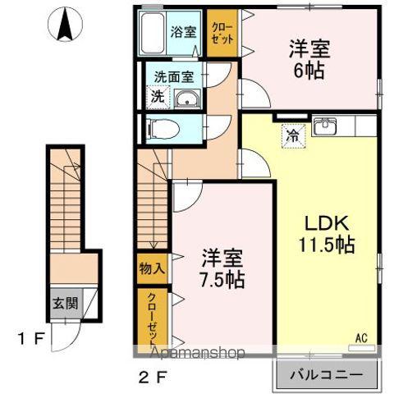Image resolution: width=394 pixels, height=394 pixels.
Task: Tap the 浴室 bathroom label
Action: click(183, 33)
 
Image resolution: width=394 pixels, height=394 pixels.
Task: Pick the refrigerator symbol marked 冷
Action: click(291, 136)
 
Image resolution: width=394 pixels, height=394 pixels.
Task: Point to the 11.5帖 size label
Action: click(326, 245)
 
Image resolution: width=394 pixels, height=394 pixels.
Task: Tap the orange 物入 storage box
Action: click(152, 268)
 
